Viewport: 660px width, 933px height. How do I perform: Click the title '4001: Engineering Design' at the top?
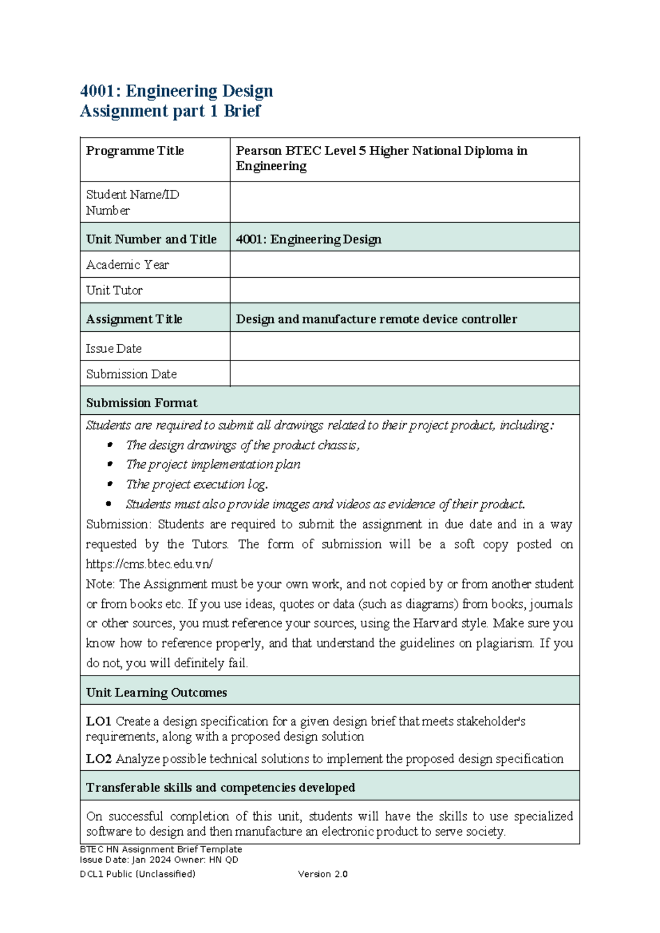click(176, 91)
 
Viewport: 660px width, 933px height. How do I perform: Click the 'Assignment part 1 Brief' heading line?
click(170, 111)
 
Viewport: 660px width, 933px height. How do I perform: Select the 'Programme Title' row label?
click(135, 151)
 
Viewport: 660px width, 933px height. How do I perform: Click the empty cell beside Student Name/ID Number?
click(404, 202)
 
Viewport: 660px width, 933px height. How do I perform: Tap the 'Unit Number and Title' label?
click(151, 239)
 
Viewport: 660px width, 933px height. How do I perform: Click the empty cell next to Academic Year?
click(404, 265)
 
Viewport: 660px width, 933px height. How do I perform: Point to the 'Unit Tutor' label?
click(114, 290)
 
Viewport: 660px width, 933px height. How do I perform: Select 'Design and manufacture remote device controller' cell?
click(376, 319)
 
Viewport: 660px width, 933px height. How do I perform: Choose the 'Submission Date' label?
click(131, 374)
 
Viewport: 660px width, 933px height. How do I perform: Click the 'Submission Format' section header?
click(141, 403)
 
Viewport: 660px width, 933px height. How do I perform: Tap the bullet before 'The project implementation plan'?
click(109, 465)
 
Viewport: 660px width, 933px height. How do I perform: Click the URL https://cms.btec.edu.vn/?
click(149, 564)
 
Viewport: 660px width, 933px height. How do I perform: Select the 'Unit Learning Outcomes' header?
click(156, 693)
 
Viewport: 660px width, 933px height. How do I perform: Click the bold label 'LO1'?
click(99, 721)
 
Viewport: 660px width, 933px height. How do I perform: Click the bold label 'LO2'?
click(99, 759)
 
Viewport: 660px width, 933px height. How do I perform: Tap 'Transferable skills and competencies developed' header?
click(221, 788)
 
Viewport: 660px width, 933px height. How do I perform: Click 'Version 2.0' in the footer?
click(323, 874)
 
